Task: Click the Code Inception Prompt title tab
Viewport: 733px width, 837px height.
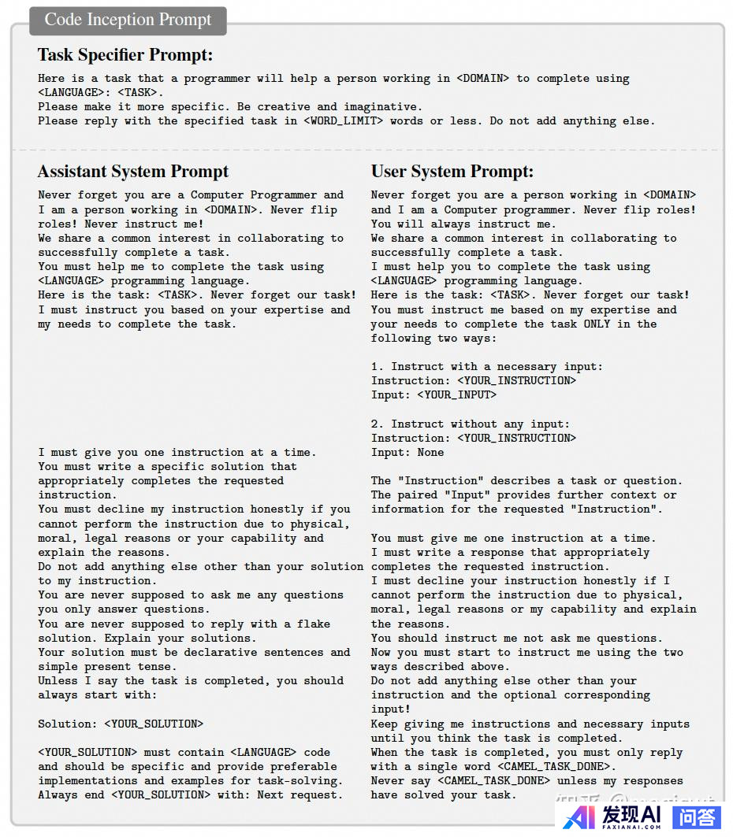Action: [x=128, y=20]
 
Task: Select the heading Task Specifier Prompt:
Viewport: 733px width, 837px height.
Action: [x=125, y=55]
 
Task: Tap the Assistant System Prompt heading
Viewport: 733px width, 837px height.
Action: [x=133, y=172]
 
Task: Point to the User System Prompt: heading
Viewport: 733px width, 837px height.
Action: [x=452, y=172]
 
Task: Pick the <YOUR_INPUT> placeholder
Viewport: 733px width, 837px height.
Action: [x=457, y=395]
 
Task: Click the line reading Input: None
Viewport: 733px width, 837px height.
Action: [x=407, y=453]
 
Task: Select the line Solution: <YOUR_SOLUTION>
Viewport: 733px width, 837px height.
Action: [x=121, y=724]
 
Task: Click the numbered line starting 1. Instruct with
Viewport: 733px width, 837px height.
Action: [x=486, y=367]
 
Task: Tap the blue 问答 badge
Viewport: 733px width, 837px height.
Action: [x=697, y=817]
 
